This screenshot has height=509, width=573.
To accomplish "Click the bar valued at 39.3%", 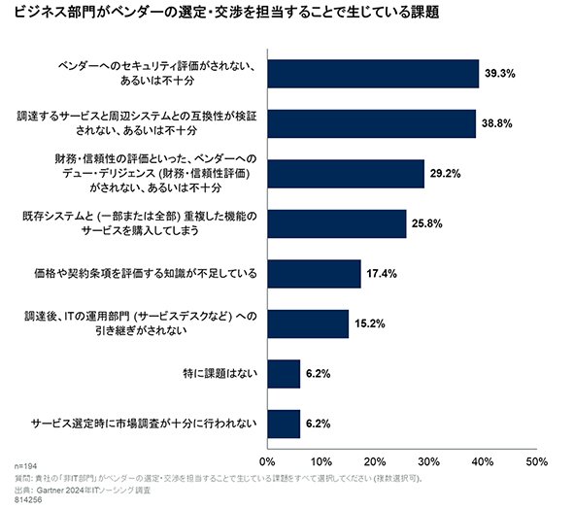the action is click(373, 74).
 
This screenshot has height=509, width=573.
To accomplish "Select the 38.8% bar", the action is click(372, 124).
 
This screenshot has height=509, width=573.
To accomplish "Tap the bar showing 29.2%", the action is click(346, 174).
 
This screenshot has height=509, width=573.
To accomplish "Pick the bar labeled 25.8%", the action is click(337, 224).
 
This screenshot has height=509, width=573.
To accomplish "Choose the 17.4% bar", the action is click(315, 274).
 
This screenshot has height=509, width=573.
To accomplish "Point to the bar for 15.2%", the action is click(308, 324).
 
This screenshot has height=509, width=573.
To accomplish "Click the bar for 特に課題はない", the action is click(284, 374).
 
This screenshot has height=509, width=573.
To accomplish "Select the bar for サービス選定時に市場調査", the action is click(284, 424).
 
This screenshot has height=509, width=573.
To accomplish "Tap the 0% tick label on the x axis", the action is click(267, 461).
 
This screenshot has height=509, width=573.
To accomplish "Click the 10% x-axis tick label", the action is click(320, 461).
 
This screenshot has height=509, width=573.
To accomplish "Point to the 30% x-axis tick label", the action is click(428, 461).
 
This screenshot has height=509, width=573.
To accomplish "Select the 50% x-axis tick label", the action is click(536, 461).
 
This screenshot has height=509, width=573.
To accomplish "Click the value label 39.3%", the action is click(500, 74).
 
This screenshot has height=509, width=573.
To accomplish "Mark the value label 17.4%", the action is click(382, 274).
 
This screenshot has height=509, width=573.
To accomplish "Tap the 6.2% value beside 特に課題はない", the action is click(318, 374).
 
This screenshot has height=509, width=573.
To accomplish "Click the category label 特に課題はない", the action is click(220, 374).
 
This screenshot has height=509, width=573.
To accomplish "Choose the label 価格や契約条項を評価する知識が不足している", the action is click(146, 274).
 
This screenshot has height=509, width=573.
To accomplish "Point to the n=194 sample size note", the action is click(25, 466).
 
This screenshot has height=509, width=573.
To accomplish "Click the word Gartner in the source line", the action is click(51, 491).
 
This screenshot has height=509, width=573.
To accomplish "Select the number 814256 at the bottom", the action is click(28, 500).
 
